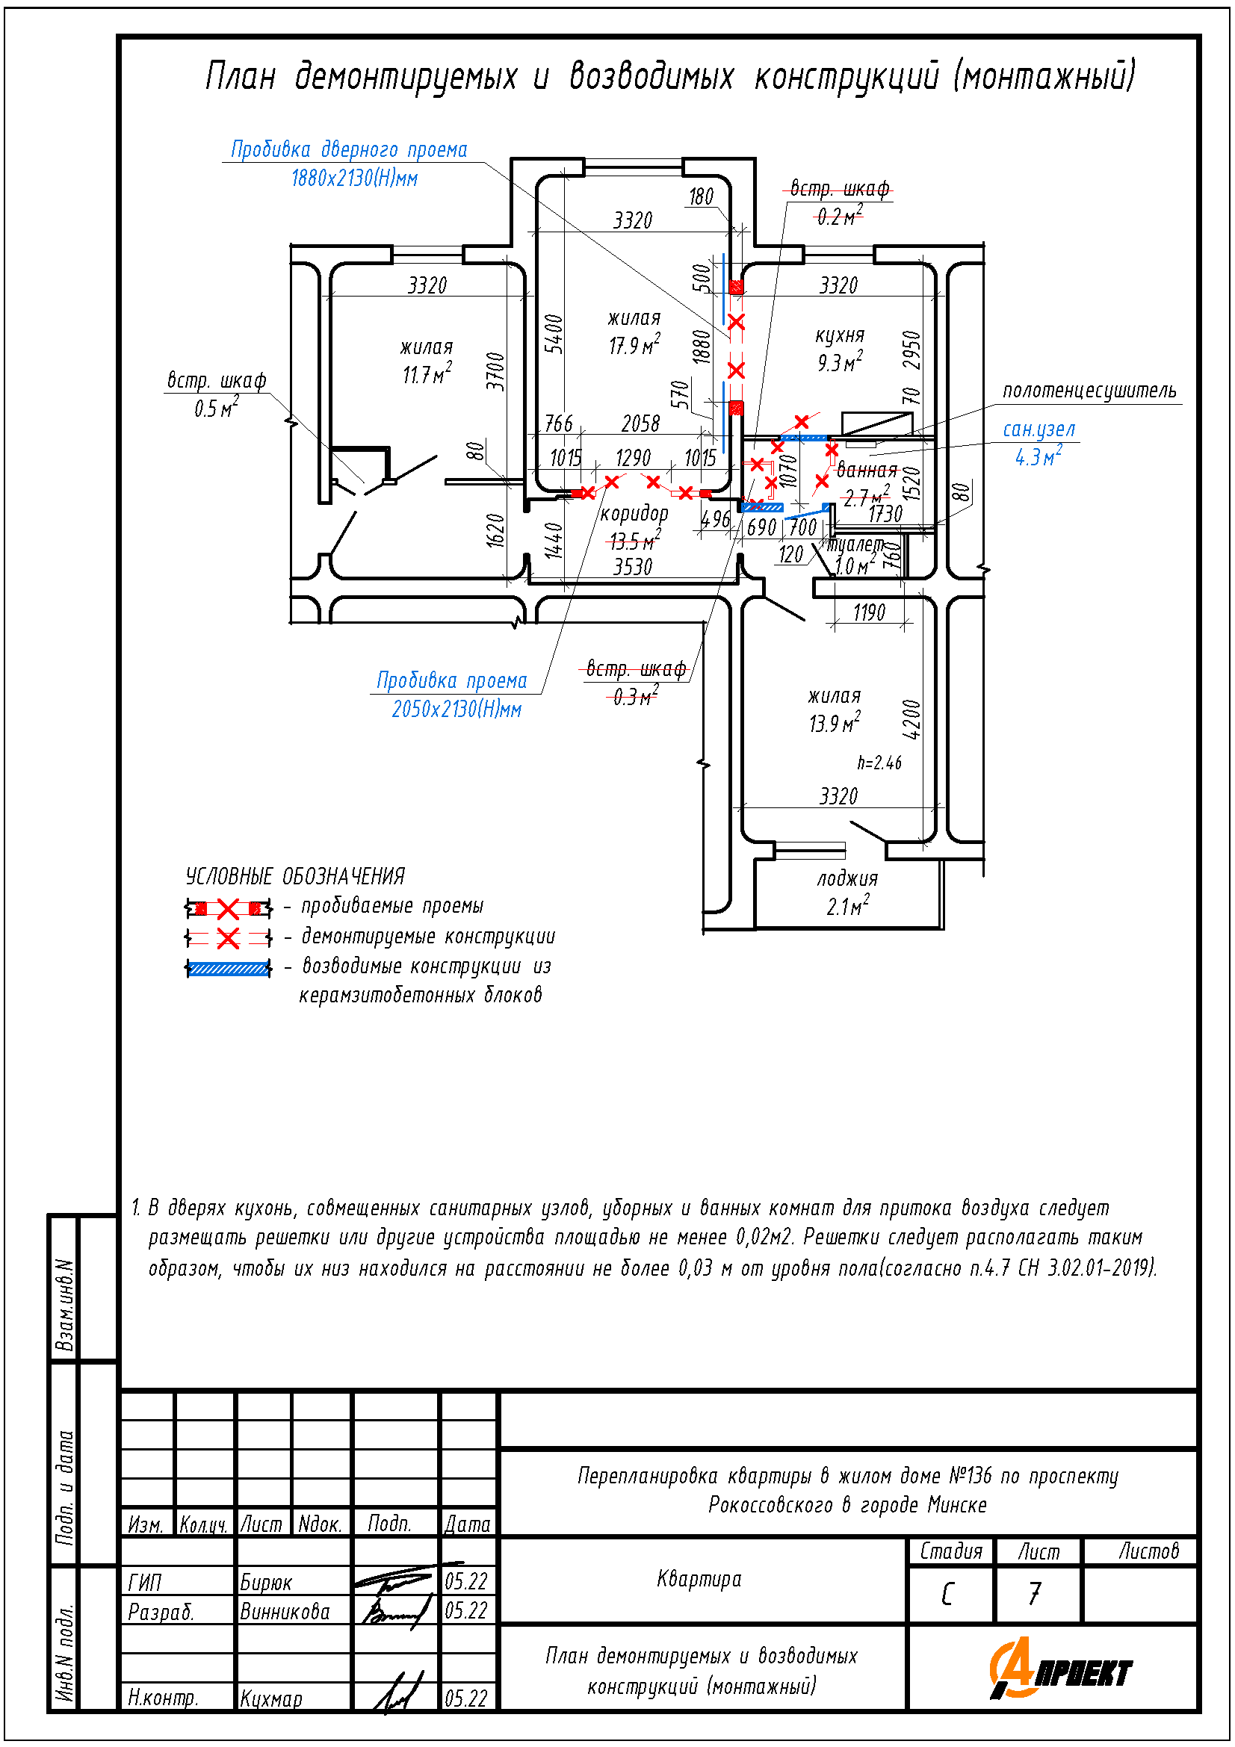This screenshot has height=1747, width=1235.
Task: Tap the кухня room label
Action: tap(839, 335)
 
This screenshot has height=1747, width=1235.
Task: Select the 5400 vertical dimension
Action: tap(554, 334)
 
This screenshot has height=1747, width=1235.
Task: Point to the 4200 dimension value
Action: tap(911, 719)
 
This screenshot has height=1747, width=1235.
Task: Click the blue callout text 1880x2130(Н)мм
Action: tap(355, 178)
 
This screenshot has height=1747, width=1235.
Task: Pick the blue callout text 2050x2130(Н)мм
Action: tap(456, 709)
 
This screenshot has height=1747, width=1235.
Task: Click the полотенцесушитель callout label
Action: tap(1089, 391)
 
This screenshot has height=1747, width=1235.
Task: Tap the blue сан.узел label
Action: tap(1039, 430)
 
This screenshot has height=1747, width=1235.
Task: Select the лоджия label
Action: tap(847, 879)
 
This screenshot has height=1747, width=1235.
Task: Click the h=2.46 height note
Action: tap(879, 763)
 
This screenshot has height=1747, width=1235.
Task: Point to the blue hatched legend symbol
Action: tap(229, 969)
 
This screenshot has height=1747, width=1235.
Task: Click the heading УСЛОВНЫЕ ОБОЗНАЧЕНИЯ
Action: tap(295, 877)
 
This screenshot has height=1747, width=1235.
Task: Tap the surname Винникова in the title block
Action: tap(285, 1612)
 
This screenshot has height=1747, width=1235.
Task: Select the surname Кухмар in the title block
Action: tap(271, 1698)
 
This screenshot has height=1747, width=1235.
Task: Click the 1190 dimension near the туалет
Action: tap(869, 612)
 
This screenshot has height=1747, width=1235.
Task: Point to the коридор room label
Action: tap(634, 514)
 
